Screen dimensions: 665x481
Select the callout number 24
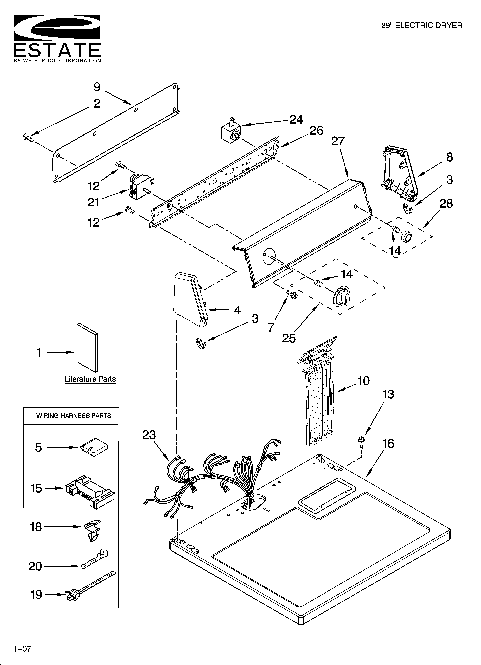click(x=296, y=120)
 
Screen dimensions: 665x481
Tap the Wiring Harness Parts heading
click(x=74, y=416)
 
